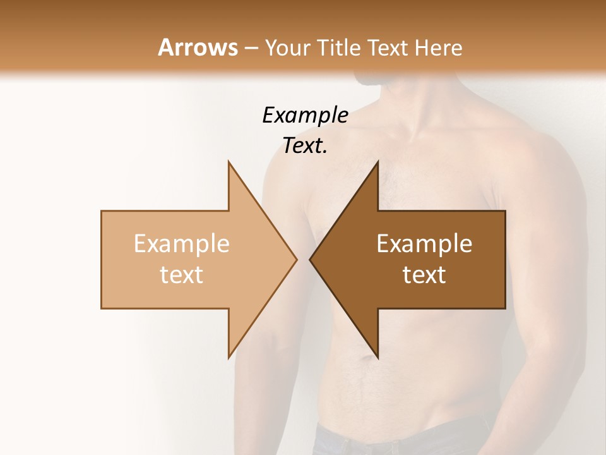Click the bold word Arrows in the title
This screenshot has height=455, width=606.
tap(198, 47)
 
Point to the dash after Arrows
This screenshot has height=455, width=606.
tap(251, 48)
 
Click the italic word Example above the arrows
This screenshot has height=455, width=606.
tap(305, 116)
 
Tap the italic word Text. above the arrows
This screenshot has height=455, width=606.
tap(305, 146)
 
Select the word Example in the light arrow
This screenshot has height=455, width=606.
tap(182, 244)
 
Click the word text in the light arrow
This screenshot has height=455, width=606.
tap(182, 275)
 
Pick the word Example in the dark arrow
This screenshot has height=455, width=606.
tap(424, 244)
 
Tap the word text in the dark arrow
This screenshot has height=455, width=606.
tap(424, 275)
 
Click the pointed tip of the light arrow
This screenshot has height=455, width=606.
tap(296, 259)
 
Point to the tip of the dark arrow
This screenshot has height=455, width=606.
tap(310, 259)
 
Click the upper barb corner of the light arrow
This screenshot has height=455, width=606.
tap(229, 162)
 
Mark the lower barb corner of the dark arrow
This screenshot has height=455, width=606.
tap(377, 358)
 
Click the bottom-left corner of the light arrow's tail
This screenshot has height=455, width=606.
tap(102, 308)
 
